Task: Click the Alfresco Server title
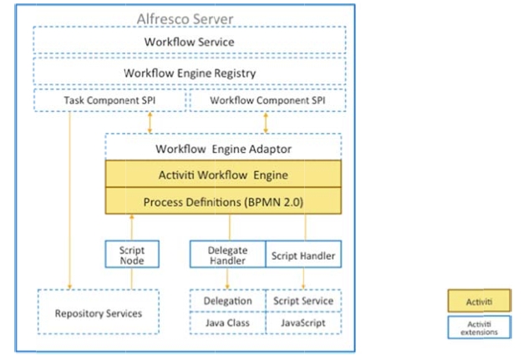(185, 18)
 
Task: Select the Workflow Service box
(189, 42)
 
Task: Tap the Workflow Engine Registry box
(189, 73)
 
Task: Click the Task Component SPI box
(109, 101)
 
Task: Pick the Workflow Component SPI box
(267, 101)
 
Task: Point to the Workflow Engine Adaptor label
(222, 150)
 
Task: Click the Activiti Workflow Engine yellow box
(222, 175)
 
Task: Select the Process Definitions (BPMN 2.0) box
(222, 201)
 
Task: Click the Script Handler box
(303, 255)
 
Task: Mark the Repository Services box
(98, 313)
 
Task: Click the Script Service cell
(303, 301)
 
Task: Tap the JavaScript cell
(303, 321)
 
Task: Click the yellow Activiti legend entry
(480, 300)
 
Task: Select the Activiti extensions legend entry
(480, 327)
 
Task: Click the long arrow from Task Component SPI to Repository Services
(70, 200)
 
